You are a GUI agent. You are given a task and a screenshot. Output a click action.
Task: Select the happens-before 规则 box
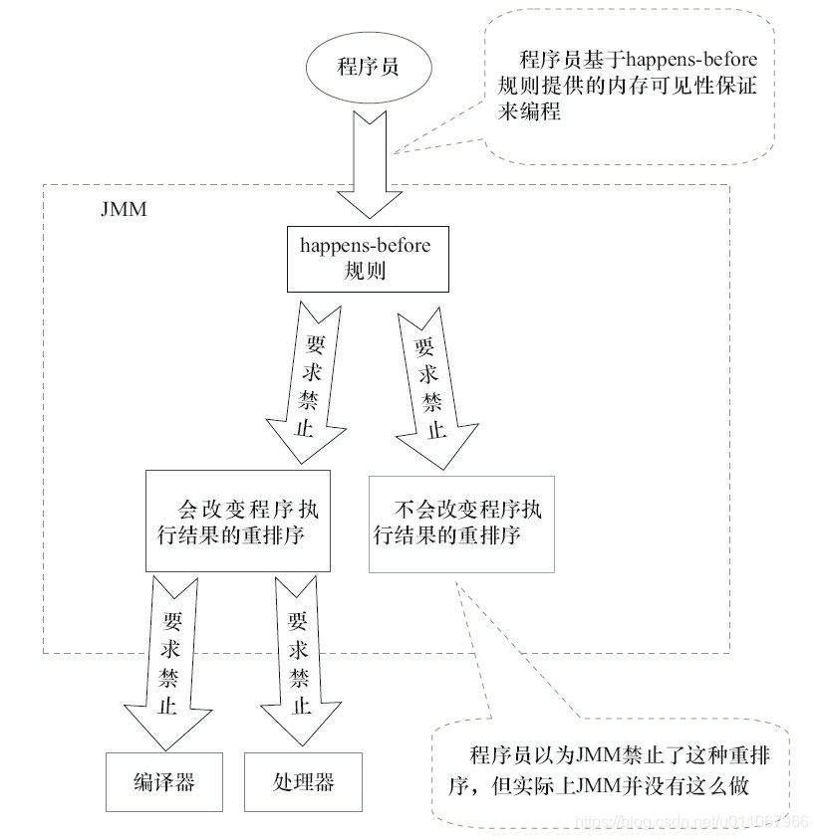(x=359, y=257)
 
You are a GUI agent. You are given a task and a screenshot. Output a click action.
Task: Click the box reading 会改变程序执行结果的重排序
(x=237, y=522)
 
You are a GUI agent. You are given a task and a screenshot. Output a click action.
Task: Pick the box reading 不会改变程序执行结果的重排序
(x=460, y=522)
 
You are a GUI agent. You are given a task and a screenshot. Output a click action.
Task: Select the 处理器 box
(x=302, y=781)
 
